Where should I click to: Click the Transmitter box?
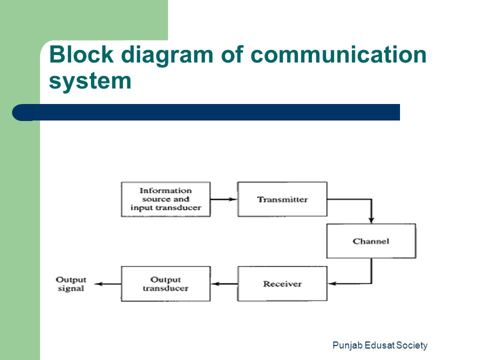[x=282, y=199]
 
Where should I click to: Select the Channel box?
[x=371, y=241]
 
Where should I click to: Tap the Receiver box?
[x=282, y=284]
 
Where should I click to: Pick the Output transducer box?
[x=165, y=284]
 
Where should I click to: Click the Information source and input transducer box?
[x=165, y=199]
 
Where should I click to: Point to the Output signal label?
[x=71, y=284]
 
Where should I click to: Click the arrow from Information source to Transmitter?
[x=224, y=199]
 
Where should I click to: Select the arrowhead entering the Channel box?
[x=371, y=220]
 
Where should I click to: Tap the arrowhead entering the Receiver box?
[x=331, y=283]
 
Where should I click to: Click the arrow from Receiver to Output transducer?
[x=224, y=284]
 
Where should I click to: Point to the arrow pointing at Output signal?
[x=107, y=284]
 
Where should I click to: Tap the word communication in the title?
[x=338, y=54]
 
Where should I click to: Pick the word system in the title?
[x=90, y=81]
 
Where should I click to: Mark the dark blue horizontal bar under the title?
[x=206, y=112]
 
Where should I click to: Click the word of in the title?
[x=232, y=54]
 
